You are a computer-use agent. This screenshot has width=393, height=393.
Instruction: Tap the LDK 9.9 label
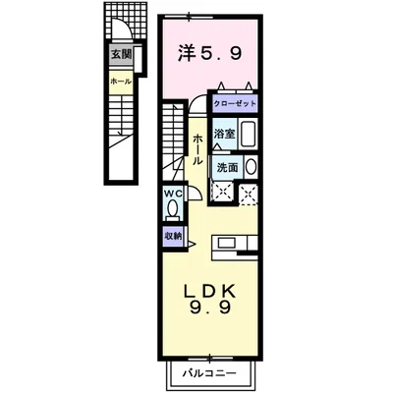click(x=209, y=300)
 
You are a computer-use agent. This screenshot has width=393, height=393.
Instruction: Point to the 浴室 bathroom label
click(x=223, y=133)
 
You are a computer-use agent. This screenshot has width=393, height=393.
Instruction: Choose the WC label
click(x=172, y=194)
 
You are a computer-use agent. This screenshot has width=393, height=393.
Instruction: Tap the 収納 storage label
click(x=172, y=236)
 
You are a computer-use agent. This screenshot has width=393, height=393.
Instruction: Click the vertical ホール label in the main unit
click(x=197, y=155)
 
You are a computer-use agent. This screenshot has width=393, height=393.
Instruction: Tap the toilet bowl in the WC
click(x=173, y=209)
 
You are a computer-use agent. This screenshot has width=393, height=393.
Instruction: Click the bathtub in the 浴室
click(x=249, y=136)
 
